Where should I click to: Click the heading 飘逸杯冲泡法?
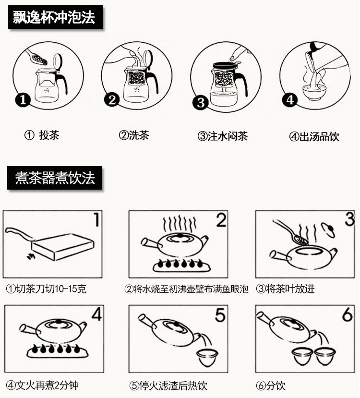(54, 17)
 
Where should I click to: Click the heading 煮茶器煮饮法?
(55, 178)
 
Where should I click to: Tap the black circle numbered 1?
(23, 99)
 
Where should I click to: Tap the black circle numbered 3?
(201, 103)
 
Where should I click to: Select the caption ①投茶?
(42, 135)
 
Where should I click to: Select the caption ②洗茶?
(134, 135)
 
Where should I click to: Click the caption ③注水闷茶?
(223, 136)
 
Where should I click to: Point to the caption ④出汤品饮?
(314, 136)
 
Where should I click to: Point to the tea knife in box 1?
(19, 234)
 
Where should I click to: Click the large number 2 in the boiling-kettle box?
(221, 220)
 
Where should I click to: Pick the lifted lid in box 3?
(329, 229)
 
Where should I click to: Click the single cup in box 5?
(207, 357)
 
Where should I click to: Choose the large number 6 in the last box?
(348, 314)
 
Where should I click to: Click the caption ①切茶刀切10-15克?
(46, 289)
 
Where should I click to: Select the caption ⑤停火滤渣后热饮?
(168, 386)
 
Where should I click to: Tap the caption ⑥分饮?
(270, 386)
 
